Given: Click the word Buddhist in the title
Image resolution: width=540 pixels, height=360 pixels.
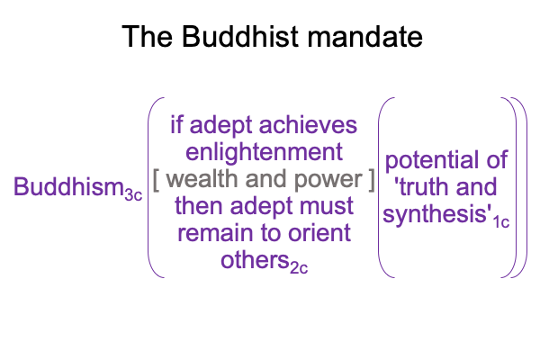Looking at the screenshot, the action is pyautogui.click(x=239, y=36).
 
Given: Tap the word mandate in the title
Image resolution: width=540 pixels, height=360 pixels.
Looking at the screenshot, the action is pyautogui.click(x=364, y=36).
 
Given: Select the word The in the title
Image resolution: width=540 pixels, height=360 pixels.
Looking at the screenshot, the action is pyautogui.click(x=147, y=36).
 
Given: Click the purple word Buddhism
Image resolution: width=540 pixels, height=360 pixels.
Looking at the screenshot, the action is pyautogui.click(x=68, y=186).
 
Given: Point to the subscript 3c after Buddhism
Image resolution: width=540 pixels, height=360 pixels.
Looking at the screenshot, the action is pyautogui.click(x=133, y=195).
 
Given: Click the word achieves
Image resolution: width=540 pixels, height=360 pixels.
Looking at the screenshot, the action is pyautogui.click(x=308, y=124).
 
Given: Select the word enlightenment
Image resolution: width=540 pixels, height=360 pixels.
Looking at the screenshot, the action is pyautogui.click(x=264, y=153).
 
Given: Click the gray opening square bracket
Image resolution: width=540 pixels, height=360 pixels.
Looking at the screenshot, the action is pyautogui.click(x=156, y=179).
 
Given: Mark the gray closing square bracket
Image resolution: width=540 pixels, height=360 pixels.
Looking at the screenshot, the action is pyautogui.click(x=371, y=179).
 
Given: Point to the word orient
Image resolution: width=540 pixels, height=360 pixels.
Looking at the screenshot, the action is pyautogui.click(x=319, y=233).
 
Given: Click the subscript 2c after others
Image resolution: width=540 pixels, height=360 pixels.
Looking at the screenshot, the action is pyautogui.click(x=299, y=267).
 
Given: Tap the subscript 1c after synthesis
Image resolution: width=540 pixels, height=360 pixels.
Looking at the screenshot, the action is pyautogui.click(x=501, y=222).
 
